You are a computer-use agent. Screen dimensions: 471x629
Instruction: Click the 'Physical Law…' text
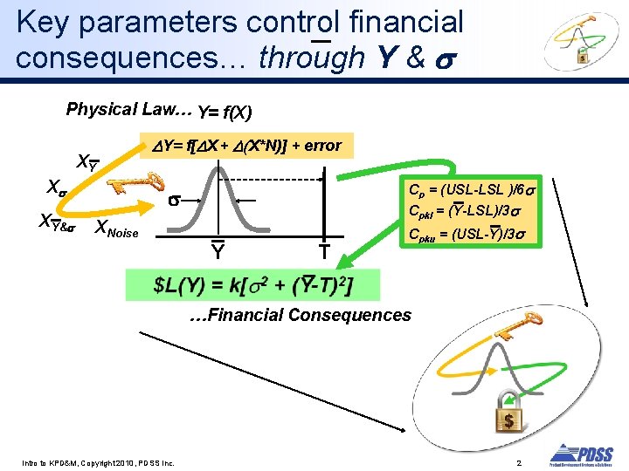[x=128, y=110]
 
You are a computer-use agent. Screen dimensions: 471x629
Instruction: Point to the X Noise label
[x=115, y=230]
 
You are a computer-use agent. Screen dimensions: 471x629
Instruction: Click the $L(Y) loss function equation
[x=253, y=284]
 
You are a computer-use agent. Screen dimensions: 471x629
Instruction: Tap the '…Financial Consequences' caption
[x=301, y=315]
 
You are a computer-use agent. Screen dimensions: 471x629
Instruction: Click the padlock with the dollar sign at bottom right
[x=508, y=418]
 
